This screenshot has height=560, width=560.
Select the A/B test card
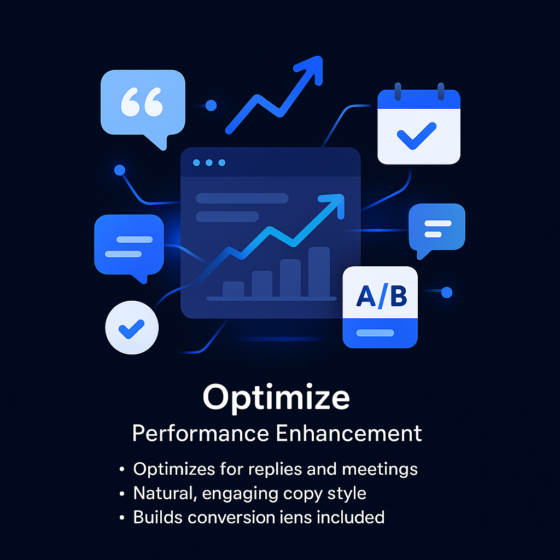(380, 307)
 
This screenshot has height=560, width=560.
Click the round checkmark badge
(132, 328)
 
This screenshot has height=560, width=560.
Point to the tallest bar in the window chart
(319, 272)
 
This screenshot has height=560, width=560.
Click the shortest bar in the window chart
(233, 289)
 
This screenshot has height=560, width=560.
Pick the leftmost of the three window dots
(196, 163)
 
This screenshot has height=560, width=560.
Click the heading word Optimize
(276, 398)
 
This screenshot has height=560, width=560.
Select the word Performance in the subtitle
(200, 433)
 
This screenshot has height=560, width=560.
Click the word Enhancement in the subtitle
(349, 433)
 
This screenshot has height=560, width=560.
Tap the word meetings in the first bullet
(380, 469)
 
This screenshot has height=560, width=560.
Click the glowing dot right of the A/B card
(447, 292)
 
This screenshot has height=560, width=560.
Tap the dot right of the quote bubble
(211, 106)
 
